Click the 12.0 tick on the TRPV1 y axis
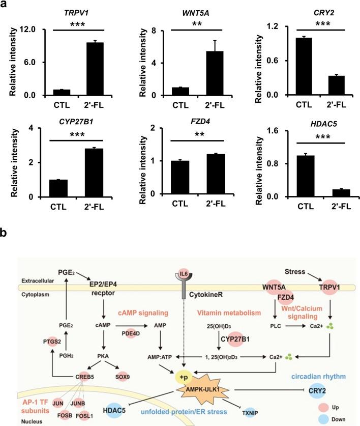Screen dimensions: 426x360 (x=26, y=30)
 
